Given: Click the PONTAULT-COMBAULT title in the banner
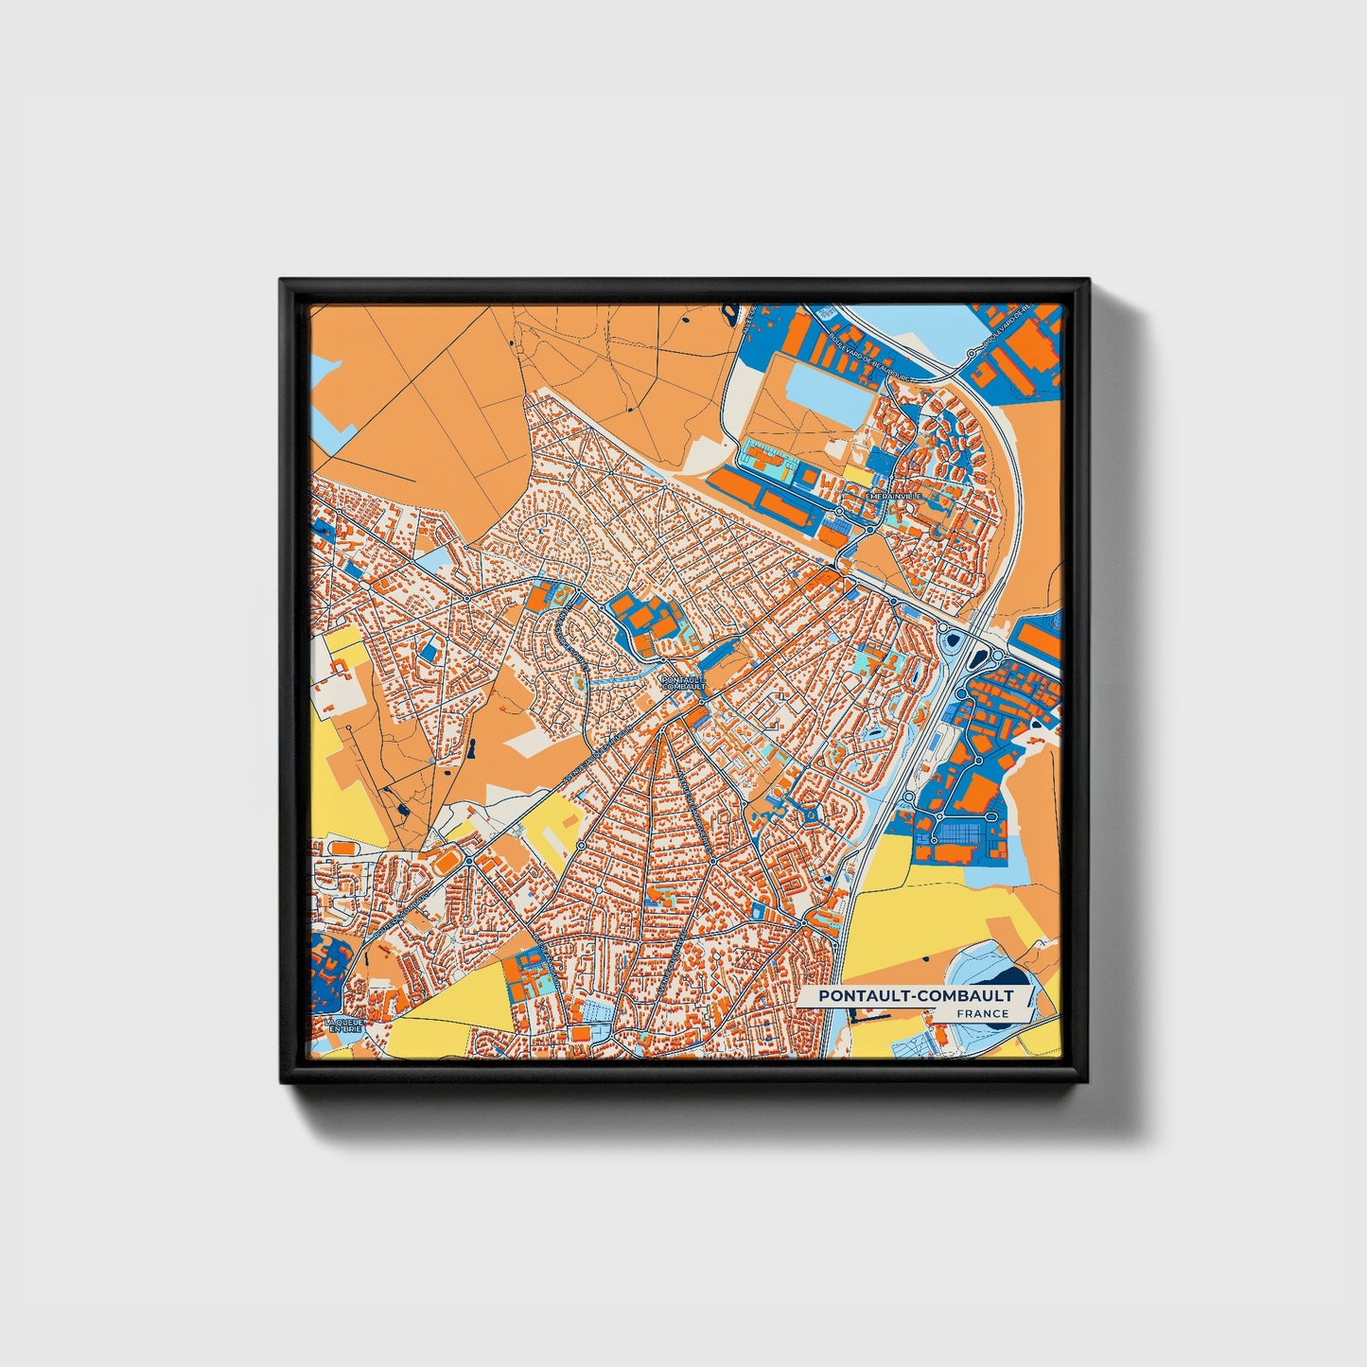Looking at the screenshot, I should pyautogui.click(x=916, y=996).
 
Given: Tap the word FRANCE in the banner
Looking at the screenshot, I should pyautogui.click(x=982, y=1014).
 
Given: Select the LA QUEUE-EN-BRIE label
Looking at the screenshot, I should pyautogui.click(x=342, y=1025).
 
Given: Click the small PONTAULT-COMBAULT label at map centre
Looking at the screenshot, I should pyautogui.click(x=684, y=682).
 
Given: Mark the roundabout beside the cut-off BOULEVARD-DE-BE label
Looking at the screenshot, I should pyautogui.click(x=972, y=353).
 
